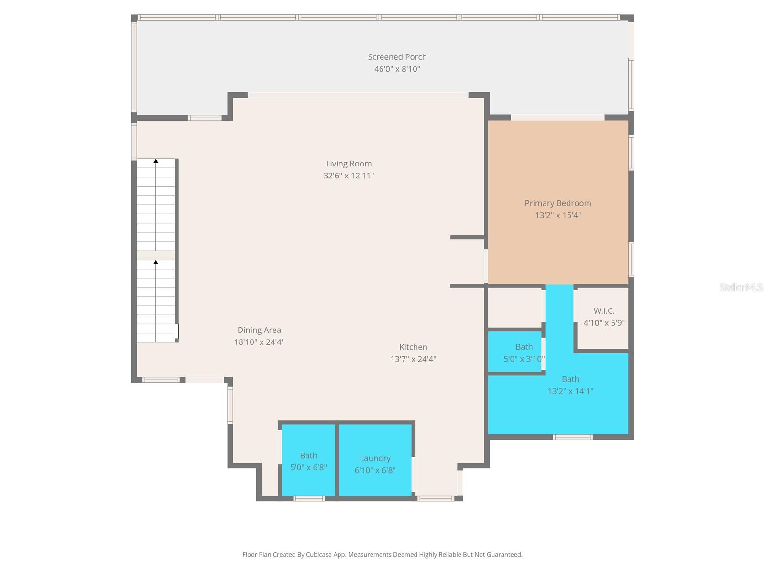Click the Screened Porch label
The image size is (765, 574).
(397, 57)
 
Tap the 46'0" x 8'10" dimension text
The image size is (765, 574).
(397, 69)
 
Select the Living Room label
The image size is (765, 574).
(349, 164)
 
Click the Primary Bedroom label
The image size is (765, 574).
(557, 203)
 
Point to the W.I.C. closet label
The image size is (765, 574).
(604, 311)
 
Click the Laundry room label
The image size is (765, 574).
(375, 458)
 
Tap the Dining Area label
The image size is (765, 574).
(259, 330)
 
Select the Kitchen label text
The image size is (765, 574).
(413, 347)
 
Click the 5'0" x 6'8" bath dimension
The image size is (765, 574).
(308, 467)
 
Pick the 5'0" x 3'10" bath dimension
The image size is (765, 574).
(524, 359)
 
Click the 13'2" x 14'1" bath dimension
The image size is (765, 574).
(570, 391)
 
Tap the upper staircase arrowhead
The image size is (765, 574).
(156, 161)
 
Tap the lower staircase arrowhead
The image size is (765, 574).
(156, 262)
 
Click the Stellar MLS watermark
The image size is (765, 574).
(741, 287)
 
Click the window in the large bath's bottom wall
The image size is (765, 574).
(573, 437)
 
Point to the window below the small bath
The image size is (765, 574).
(308, 498)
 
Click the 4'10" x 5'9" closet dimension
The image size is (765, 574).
(604, 323)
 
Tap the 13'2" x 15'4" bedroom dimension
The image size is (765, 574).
(557, 215)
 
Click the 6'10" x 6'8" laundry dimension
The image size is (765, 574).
(375, 470)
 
